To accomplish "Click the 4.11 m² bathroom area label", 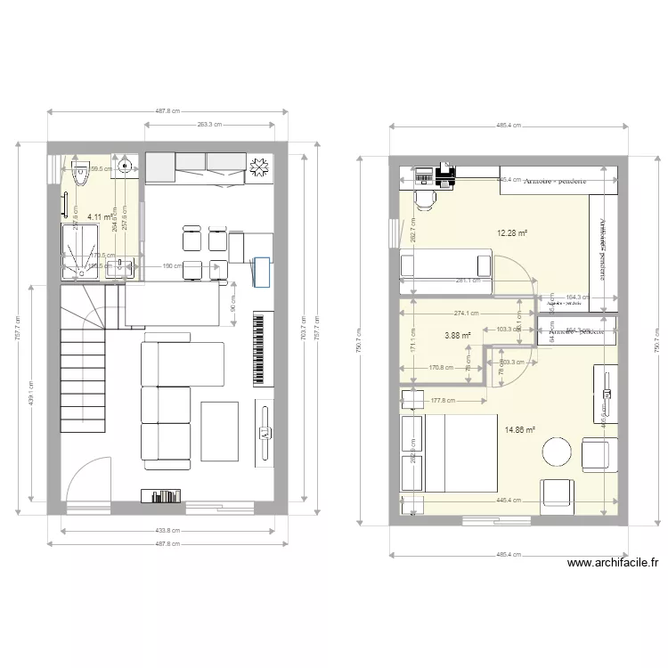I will (x=100, y=216).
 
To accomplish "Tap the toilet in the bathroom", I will (x=81, y=173).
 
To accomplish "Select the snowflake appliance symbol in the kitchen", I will (x=259, y=167).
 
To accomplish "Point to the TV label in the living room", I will (x=265, y=433).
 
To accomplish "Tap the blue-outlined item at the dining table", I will (x=261, y=272).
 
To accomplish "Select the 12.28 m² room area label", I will (x=511, y=233).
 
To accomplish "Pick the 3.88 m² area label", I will (x=458, y=336).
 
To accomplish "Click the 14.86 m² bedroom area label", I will (x=519, y=429).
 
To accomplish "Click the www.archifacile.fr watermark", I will (x=612, y=563).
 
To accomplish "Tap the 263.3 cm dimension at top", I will (x=210, y=125).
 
